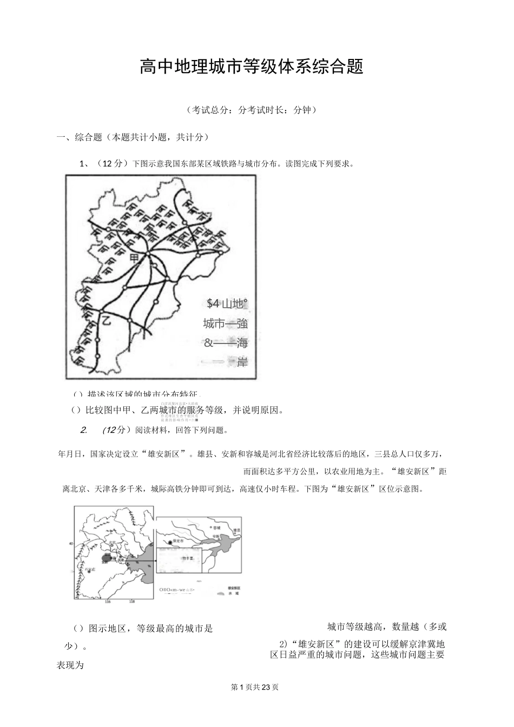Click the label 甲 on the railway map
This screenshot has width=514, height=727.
tap(134, 259)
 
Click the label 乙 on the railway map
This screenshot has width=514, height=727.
tap(106, 320)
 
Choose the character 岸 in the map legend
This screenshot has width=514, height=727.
tap(242, 362)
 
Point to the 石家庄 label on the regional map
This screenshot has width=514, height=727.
tap(90, 570)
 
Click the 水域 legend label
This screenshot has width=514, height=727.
tap(234, 593)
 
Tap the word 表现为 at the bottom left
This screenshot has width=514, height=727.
tap(70, 665)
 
